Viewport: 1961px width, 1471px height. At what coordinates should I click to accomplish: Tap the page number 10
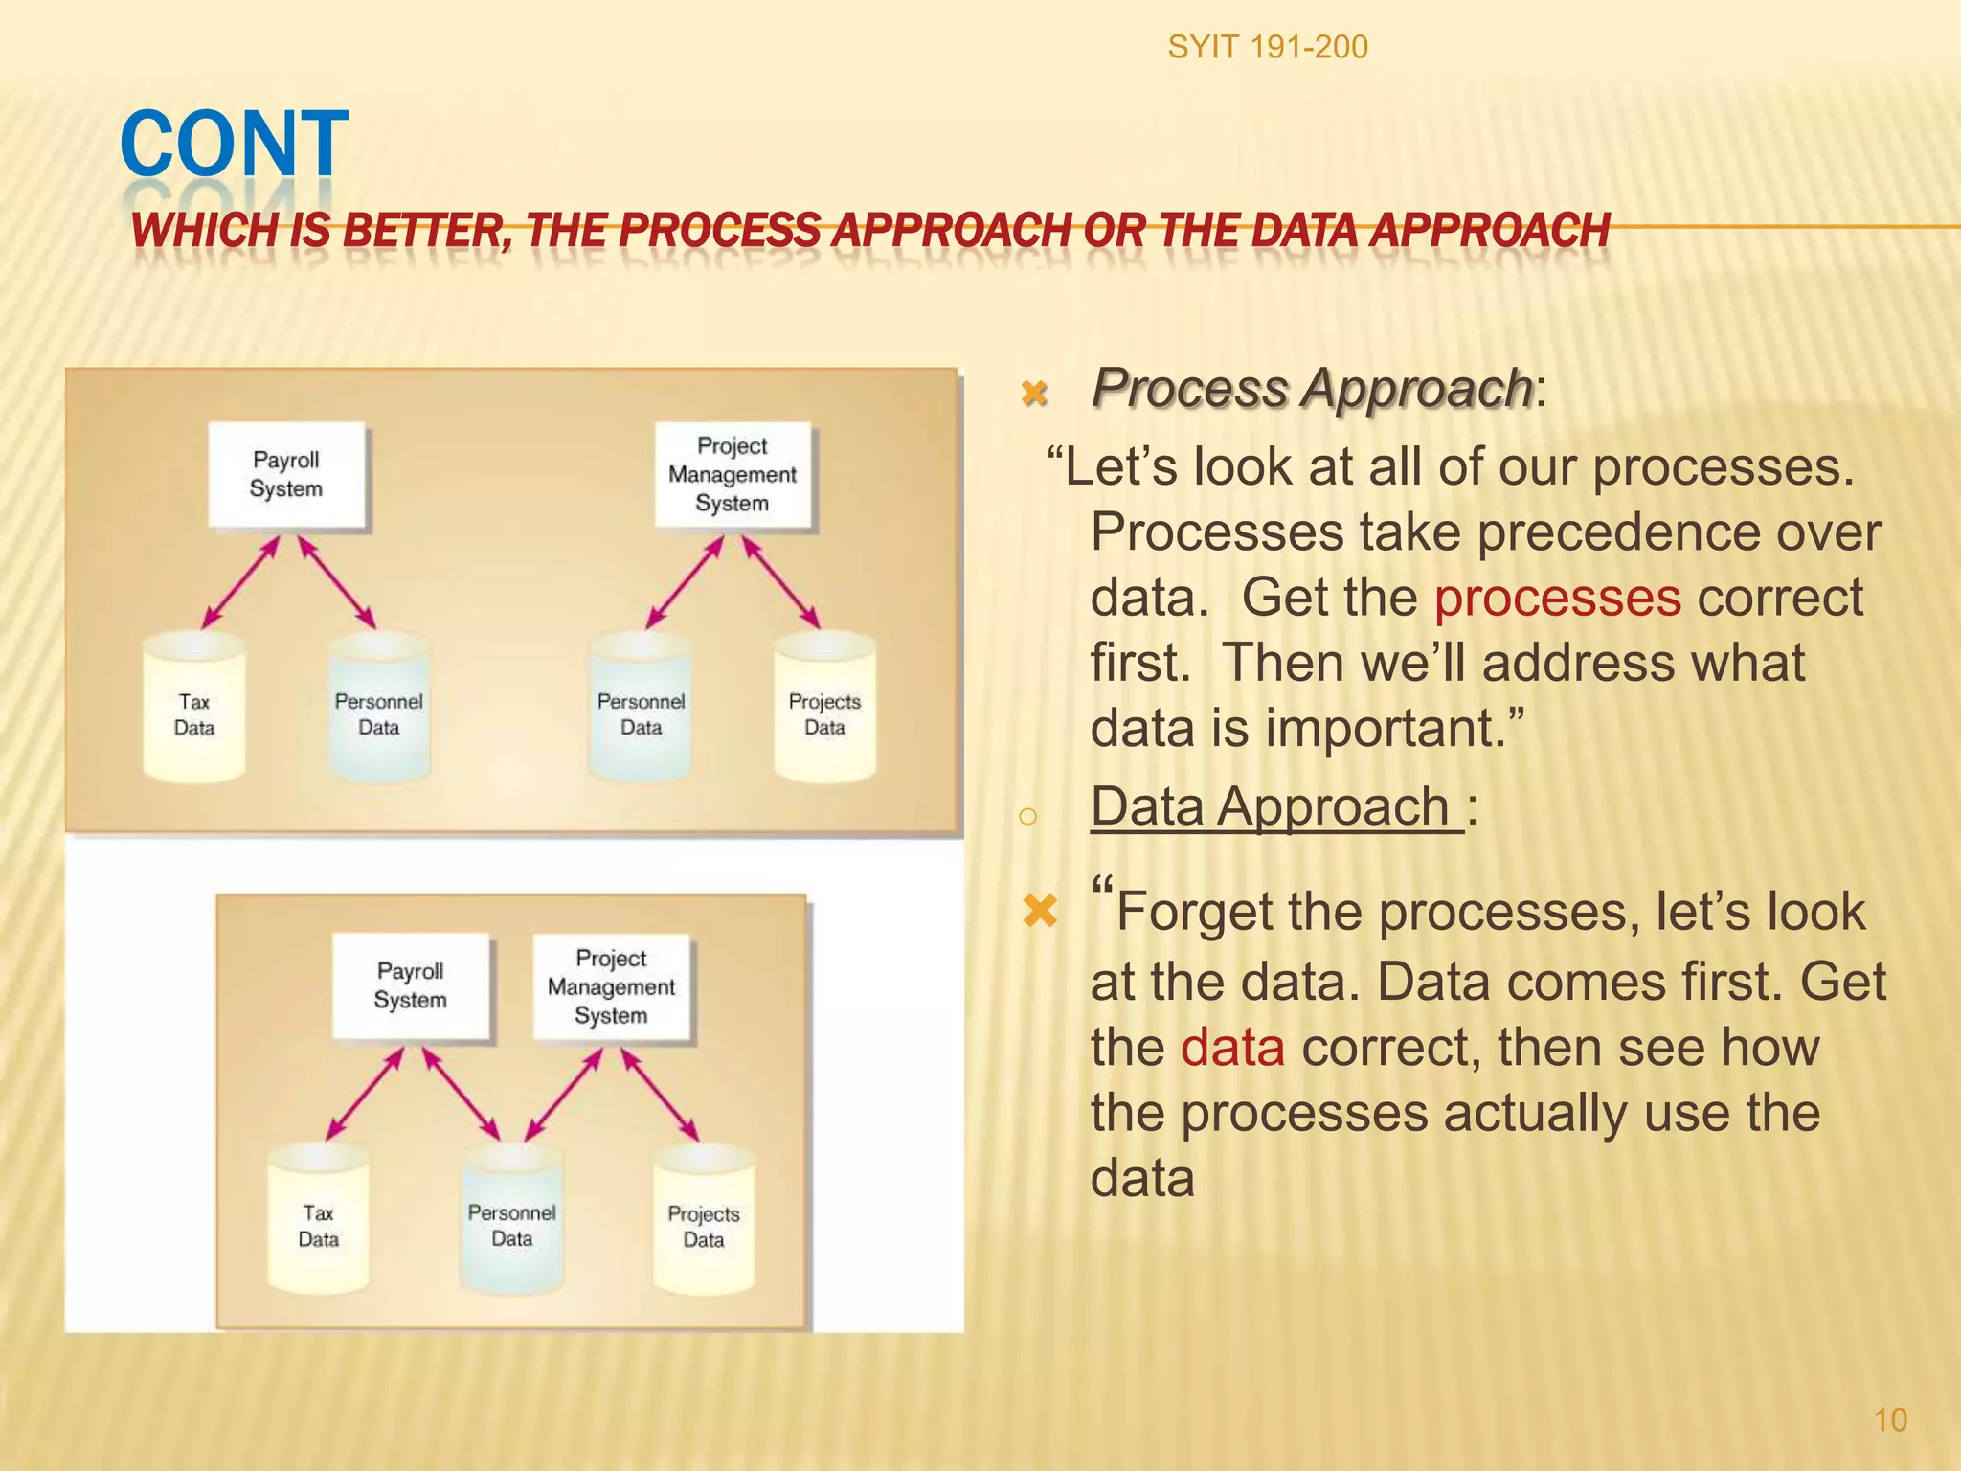click(x=1889, y=1419)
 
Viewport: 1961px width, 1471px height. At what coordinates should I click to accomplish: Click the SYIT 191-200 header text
click(x=1267, y=47)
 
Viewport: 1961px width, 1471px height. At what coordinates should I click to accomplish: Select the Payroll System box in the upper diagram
click(x=286, y=475)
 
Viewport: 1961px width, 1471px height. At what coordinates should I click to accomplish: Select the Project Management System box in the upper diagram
click(x=733, y=475)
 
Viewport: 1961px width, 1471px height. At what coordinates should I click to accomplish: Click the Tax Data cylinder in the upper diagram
click(x=194, y=710)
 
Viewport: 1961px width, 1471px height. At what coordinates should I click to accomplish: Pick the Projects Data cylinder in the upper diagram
click(x=824, y=710)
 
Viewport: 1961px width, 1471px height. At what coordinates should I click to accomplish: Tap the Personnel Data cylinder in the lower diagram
click(x=511, y=1221)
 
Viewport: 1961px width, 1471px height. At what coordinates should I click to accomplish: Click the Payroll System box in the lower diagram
click(x=411, y=986)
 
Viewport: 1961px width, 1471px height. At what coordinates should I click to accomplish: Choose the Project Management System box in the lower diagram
click(x=611, y=987)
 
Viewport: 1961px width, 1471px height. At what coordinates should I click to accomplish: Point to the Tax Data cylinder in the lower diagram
click(x=318, y=1221)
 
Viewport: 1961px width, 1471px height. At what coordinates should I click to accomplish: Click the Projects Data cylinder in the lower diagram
click(x=704, y=1221)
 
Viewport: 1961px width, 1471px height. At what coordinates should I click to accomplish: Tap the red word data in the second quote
click(x=1232, y=1048)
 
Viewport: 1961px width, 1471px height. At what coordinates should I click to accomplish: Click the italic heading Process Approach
click(x=1312, y=389)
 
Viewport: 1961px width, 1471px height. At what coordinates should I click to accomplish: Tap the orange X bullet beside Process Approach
click(x=1034, y=393)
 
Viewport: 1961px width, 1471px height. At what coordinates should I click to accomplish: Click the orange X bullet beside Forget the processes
click(x=1040, y=911)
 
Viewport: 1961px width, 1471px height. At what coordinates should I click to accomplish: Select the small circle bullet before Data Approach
click(x=1027, y=816)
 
